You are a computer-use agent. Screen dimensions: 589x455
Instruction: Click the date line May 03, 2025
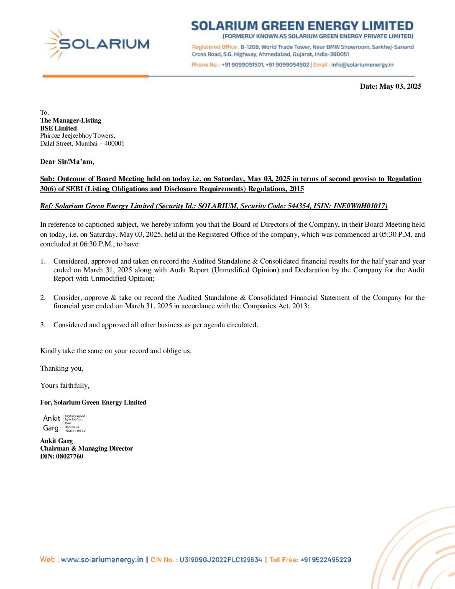tap(391, 87)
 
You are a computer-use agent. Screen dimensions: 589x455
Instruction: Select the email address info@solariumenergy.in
tap(362, 65)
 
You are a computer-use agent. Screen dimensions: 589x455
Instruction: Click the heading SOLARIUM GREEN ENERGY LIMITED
tap(302, 26)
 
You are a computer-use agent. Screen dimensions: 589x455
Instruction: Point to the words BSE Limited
tap(59, 128)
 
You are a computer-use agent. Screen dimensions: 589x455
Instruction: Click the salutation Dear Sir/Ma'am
tap(67, 162)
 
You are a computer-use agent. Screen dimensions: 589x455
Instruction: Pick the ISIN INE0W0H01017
tap(360, 206)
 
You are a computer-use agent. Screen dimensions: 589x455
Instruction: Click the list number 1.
tap(43, 261)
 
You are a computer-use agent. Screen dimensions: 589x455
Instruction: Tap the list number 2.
tap(43, 298)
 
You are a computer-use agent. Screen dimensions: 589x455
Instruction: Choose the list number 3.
tap(43, 325)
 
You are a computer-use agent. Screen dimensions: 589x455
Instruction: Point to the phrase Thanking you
tap(61, 369)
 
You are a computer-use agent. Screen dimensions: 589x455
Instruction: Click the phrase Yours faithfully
tap(64, 386)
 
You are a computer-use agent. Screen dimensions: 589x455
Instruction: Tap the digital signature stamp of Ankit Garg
tap(64, 423)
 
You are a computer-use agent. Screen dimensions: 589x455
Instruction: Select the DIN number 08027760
tap(69, 456)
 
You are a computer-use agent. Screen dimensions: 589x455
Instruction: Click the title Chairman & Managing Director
tap(87, 448)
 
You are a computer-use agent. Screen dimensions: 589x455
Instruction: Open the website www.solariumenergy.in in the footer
tap(102, 560)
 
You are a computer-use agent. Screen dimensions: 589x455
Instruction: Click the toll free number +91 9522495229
tap(326, 560)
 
